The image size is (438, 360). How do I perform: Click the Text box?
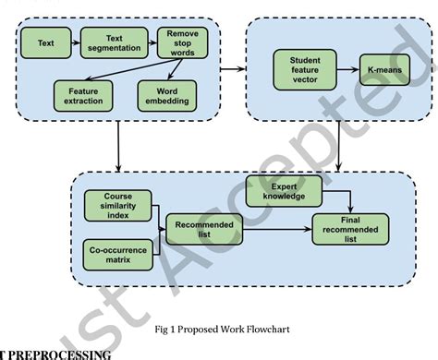[x=45, y=42]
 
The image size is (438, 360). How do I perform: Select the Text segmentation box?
[x=114, y=42]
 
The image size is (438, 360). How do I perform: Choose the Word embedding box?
[x=166, y=94]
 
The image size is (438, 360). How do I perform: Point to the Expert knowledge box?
[x=282, y=191]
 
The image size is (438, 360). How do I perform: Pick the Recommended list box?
[x=198, y=227]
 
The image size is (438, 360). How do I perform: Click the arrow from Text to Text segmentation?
[x=73, y=42]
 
